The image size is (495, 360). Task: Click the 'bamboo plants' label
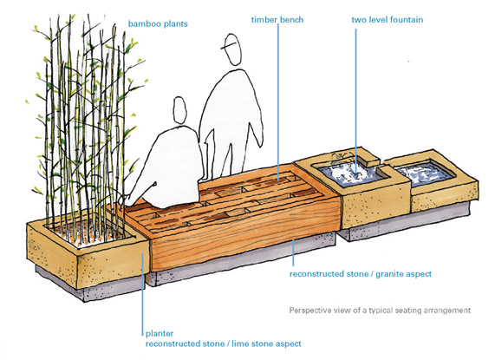coord(158,24)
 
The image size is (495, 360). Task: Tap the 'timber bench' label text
coord(277,20)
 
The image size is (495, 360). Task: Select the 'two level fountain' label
coord(387,20)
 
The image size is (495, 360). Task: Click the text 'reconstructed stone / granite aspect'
coord(361,274)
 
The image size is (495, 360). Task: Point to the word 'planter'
coord(160,333)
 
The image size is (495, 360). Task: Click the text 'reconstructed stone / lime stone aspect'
coord(223,344)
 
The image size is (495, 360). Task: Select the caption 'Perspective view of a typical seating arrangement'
coord(380,311)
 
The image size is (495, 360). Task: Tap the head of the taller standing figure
coord(232,49)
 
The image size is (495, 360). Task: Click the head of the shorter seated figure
coord(180,110)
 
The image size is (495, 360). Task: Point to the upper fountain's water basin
coord(350,175)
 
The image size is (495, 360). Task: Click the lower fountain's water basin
coord(425,172)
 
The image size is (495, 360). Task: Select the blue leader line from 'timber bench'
coord(278,101)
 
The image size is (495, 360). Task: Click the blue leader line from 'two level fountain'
coord(356,101)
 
